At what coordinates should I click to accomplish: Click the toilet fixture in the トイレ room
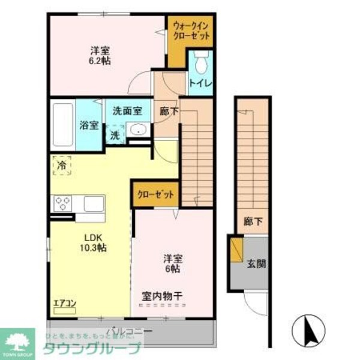pos(200,61)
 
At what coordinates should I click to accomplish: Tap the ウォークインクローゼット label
pos(190,30)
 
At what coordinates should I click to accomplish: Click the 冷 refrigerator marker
pos(61,164)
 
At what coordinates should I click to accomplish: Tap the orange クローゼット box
pos(155,195)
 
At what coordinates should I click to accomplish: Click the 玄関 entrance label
pos(255,262)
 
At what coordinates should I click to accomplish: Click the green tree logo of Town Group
pos(18,340)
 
